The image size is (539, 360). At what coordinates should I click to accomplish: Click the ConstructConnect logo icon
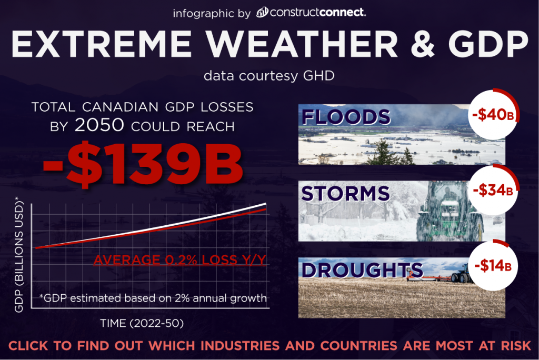(x=262, y=12)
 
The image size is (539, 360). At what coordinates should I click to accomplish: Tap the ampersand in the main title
(x=415, y=45)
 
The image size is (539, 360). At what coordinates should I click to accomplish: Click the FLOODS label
(x=345, y=117)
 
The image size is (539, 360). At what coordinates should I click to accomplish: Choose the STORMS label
(x=345, y=193)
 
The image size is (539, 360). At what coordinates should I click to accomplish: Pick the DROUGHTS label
(x=362, y=269)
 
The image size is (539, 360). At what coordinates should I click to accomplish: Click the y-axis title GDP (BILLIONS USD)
(x=19, y=255)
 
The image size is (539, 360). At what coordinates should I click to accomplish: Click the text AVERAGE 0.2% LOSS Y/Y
(x=179, y=260)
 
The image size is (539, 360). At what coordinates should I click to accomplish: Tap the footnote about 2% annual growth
(x=153, y=298)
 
